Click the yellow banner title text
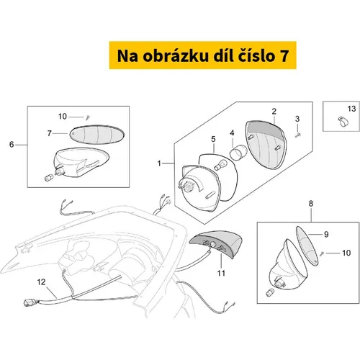203,55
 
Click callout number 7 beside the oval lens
50,133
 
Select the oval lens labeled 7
97,135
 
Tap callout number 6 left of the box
12,145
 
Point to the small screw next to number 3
297,135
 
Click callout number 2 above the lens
274,111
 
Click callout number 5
213,139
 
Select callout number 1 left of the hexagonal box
159,163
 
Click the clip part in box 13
343,121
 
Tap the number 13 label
351,109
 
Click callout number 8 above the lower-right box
311,204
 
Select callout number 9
326,234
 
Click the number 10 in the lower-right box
346,253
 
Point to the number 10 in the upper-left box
63,117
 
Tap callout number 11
221,273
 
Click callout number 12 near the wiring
41,282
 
